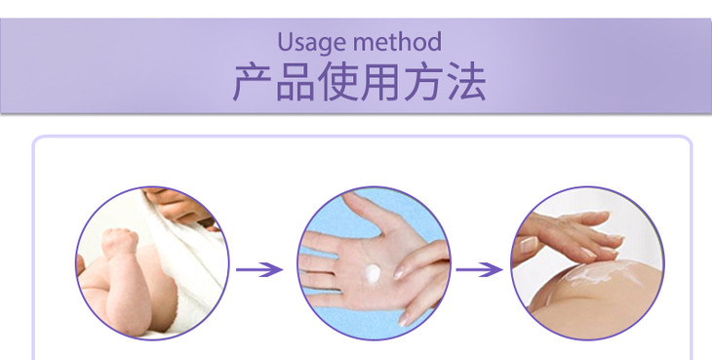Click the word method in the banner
point(397,42)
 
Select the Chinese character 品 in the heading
point(296,82)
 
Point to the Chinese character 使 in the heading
point(337,82)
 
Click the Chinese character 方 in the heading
point(422,82)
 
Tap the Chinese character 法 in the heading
point(466,82)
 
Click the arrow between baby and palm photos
point(259,269)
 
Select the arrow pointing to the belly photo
point(480,269)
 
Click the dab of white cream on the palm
point(373,274)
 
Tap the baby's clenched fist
point(119,242)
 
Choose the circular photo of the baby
point(152,263)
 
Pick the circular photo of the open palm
point(374,263)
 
